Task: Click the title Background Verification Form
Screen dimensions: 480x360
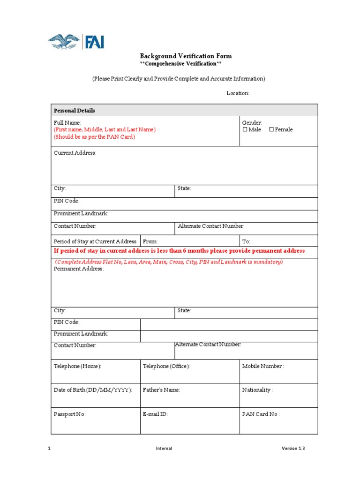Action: [186, 56]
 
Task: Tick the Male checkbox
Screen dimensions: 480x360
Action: [245, 130]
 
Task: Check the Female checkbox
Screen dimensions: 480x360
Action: [271, 130]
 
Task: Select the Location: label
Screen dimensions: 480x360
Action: [238, 93]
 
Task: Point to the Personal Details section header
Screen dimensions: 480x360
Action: [75, 111]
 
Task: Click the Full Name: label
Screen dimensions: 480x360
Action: [67, 122]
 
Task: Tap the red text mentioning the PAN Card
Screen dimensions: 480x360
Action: [94, 137]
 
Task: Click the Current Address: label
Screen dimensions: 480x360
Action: [75, 153]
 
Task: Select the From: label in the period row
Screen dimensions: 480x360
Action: [150, 241]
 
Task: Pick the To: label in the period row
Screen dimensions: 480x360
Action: [246, 241]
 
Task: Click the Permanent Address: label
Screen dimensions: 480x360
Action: [79, 269]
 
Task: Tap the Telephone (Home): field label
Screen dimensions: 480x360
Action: [77, 366]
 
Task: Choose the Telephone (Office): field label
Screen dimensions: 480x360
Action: [166, 366]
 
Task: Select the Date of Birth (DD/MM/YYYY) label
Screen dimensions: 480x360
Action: [93, 390]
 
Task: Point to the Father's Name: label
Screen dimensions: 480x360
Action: [161, 390]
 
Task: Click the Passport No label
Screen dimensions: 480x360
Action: [70, 414]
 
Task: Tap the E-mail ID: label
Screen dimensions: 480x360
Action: [155, 414]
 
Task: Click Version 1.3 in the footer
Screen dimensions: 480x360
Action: [293, 449]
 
